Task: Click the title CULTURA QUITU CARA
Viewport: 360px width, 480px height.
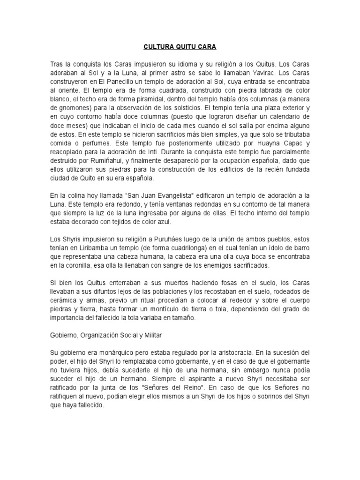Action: (180, 47)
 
